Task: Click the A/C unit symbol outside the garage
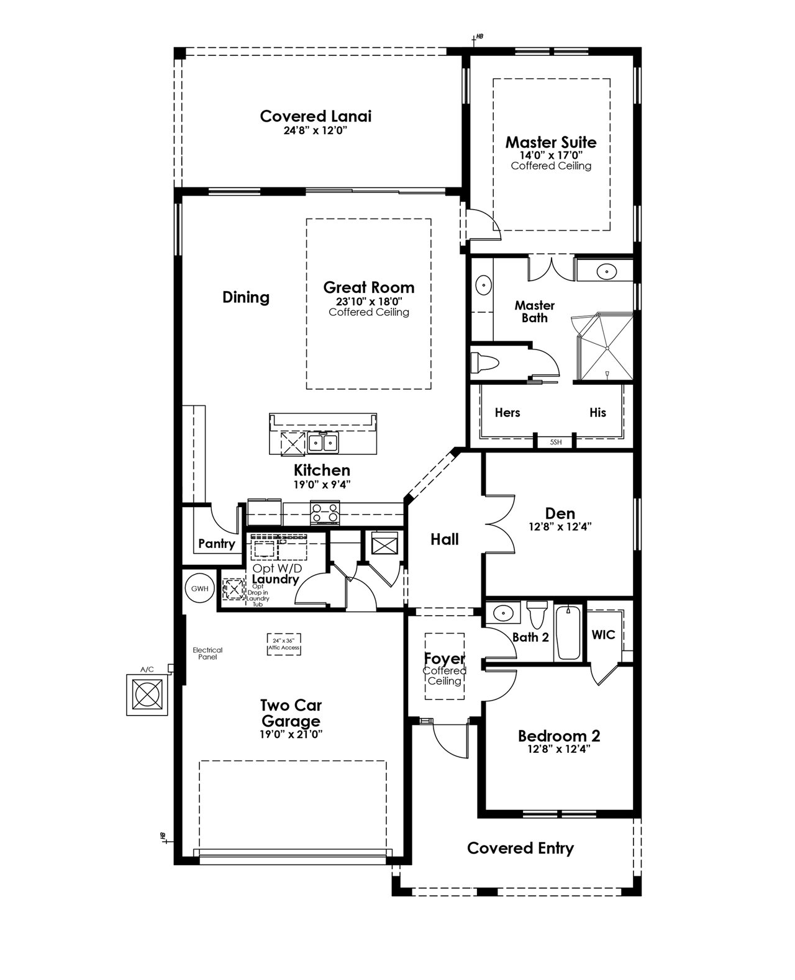148,695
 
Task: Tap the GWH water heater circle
199,588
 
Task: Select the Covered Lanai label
316,116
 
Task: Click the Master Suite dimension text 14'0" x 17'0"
551,155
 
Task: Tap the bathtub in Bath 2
567,632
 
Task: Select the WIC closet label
603,634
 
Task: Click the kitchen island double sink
324,443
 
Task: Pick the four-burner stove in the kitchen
325,512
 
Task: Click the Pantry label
217,544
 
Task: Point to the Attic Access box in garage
284,644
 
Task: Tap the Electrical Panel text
207,653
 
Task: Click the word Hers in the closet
507,412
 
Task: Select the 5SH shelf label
556,443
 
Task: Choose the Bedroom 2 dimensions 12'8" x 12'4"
559,749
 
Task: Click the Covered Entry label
520,848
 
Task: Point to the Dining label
246,297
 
